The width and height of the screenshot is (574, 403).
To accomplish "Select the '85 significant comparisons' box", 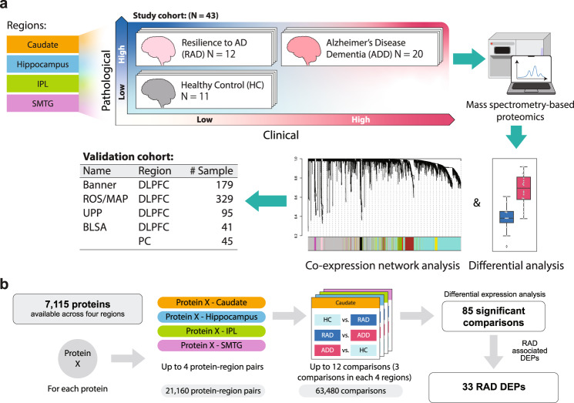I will coord(488,316).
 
